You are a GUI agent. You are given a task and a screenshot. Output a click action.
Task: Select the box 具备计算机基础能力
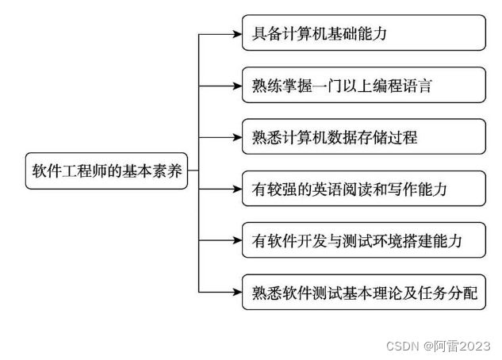click(363, 33)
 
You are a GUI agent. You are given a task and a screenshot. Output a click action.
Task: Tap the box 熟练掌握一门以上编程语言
click(363, 86)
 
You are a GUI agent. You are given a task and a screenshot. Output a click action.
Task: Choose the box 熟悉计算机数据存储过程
click(363, 137)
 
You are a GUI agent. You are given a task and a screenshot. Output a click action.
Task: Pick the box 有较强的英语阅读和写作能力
click(363, 189)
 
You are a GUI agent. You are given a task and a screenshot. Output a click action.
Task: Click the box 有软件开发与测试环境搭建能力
click(363, 240)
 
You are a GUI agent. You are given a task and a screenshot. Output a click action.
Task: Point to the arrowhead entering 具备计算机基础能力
click(236, 34)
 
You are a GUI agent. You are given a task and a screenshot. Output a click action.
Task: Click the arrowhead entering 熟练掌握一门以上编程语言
click(236, 86)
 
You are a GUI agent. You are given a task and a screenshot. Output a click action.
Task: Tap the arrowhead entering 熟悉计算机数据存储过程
click(236, 137)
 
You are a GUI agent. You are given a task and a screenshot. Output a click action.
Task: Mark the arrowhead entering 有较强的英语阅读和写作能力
click(236, 189)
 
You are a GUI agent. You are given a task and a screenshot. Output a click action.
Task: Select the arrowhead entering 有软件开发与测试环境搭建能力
click(236, 240)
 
